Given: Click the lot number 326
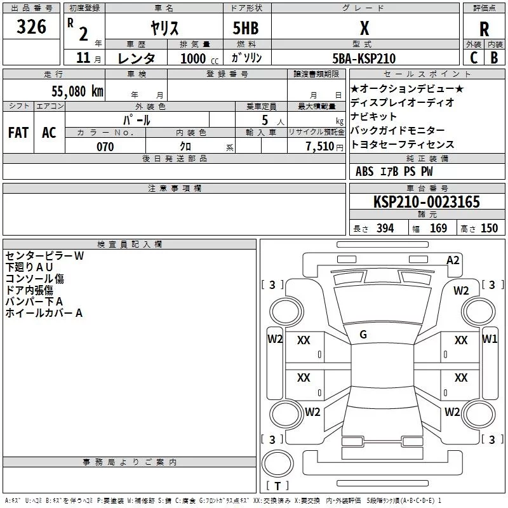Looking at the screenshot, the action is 31,27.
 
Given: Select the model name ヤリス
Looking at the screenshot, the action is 164,29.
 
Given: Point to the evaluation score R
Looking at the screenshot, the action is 484,29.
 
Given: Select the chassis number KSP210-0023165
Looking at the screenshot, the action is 427,203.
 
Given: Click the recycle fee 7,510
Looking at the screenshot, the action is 320,147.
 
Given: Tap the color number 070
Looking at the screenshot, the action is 105,147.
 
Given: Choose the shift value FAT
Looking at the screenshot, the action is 18,133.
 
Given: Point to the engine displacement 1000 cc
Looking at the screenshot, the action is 197,58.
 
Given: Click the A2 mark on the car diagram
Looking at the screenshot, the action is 453,260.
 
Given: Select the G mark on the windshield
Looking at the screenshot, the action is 363,335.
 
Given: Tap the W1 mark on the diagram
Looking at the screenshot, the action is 490,338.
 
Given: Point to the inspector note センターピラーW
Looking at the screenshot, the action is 44,256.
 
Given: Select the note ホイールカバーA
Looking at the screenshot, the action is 44,313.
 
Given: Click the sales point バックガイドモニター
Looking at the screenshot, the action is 398,130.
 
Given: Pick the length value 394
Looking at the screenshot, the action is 383,229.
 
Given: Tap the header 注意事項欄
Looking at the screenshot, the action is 174,189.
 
